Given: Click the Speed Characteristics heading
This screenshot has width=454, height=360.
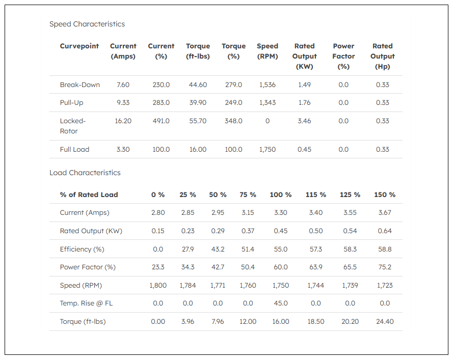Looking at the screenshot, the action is point(87,24).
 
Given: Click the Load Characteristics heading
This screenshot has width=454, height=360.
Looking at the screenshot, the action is point(85,173).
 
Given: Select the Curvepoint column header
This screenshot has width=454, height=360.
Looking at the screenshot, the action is point(79,46).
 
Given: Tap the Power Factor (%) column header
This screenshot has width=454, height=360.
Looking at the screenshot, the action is point(343,56).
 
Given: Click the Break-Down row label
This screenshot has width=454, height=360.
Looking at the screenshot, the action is point(80,85).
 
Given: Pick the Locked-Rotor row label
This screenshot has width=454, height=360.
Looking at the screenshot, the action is point(73,126).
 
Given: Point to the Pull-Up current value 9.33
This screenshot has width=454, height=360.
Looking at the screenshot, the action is point(123,103).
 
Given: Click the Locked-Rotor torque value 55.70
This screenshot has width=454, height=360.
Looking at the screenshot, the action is point(198,121).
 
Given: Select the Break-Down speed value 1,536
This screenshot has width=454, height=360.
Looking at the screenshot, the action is point(267,85).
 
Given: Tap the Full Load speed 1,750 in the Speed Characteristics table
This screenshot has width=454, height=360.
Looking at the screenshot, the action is point(267,149).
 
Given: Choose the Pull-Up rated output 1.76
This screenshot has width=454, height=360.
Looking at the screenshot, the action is point(304,103).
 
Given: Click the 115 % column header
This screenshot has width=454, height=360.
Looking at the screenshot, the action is point(315,195).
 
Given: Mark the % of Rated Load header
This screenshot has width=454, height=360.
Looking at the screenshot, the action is point(89,195).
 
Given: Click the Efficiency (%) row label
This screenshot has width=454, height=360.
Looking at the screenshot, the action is point(82,249).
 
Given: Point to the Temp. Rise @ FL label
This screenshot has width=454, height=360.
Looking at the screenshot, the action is point(86,303).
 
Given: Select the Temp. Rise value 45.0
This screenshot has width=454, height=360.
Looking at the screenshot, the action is point(281,303).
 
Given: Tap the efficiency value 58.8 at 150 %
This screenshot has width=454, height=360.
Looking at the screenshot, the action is point(385,249).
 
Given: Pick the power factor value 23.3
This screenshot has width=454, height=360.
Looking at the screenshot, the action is point(158,267).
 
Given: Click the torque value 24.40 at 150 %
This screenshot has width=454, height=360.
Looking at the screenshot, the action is point(385,321).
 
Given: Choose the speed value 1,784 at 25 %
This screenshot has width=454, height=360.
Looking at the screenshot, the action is point(188,285).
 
